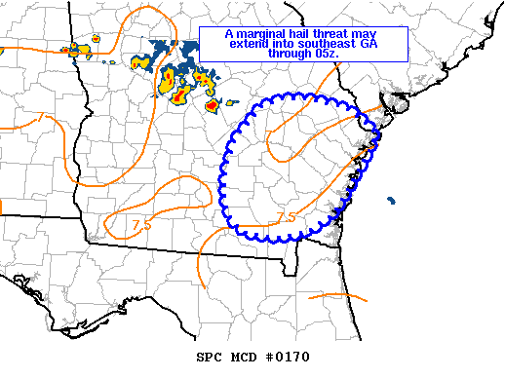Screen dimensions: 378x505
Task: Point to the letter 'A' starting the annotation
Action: tap(230, 34)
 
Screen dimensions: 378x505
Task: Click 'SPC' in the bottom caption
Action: tap(211, 357)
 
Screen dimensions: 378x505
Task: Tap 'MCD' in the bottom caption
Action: tap(243, 357)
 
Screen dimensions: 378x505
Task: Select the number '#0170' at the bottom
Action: tap(287, 357)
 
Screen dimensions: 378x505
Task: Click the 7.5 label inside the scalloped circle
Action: tap(286, 217)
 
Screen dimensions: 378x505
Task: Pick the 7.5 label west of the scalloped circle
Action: tap(140, 224)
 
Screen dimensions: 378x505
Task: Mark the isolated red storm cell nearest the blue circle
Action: tap(213, 104)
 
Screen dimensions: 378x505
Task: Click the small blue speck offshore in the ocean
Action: tap(391, 202)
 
